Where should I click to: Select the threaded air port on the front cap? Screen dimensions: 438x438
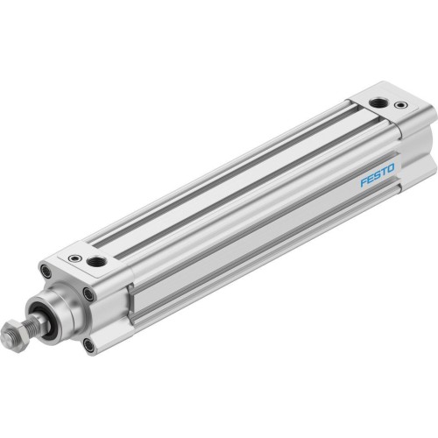(x=97, y=261)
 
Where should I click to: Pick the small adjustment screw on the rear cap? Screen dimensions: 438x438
(x=402, y=106)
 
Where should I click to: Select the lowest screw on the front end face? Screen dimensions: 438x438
(x=88, y=345)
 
